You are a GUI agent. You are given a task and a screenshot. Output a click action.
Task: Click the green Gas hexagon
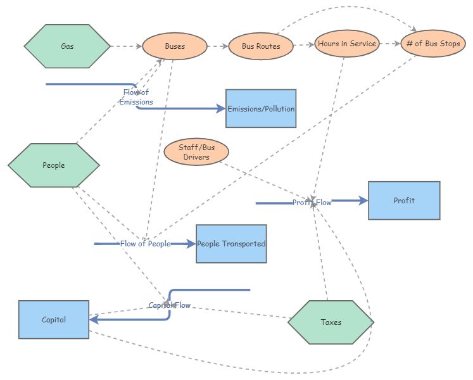pyautogui.click(x=66, y=46)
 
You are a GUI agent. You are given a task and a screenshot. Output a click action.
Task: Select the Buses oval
pyautogui.click(x=175, y=46)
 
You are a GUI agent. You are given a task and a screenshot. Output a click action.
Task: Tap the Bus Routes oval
pyautogui.click(x=261, y=46)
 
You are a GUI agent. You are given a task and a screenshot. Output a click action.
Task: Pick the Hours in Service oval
pyautogui.click(x=346, y=44)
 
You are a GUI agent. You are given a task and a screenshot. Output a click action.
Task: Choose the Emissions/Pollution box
pyautogui.click(x=261, y=108)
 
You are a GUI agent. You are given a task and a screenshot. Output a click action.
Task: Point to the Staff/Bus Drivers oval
pyautogui.click(x=196, y=152)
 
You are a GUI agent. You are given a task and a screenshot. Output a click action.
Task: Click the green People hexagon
pyautogui.click(x=54, y=165)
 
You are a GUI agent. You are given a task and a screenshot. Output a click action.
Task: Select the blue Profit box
pyautogui.click(x=404, y=201)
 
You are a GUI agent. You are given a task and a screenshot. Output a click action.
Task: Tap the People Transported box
pyautogui.click(x=231, y=244)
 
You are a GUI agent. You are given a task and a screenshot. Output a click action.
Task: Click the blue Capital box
pyautogui.click(x=54, y=320)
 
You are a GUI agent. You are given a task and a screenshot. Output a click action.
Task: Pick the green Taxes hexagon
pyautogui.click(x=331, y=322)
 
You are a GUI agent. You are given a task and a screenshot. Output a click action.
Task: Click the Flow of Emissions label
pyautogui.click(x=136, y=97)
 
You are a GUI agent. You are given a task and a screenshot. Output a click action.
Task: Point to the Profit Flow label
pyautogui.click(x=312, y=203)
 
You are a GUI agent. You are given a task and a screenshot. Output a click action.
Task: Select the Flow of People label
pyautogui.click(x=145, y=244)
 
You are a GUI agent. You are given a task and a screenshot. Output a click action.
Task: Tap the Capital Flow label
pyautogui.click(x=169, y=305)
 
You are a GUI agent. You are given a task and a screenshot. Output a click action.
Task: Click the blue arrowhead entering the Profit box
pyautogui.click(x=363, y=201)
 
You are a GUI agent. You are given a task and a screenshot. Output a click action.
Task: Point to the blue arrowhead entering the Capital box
pyautogui.click(x=94, y=320)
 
